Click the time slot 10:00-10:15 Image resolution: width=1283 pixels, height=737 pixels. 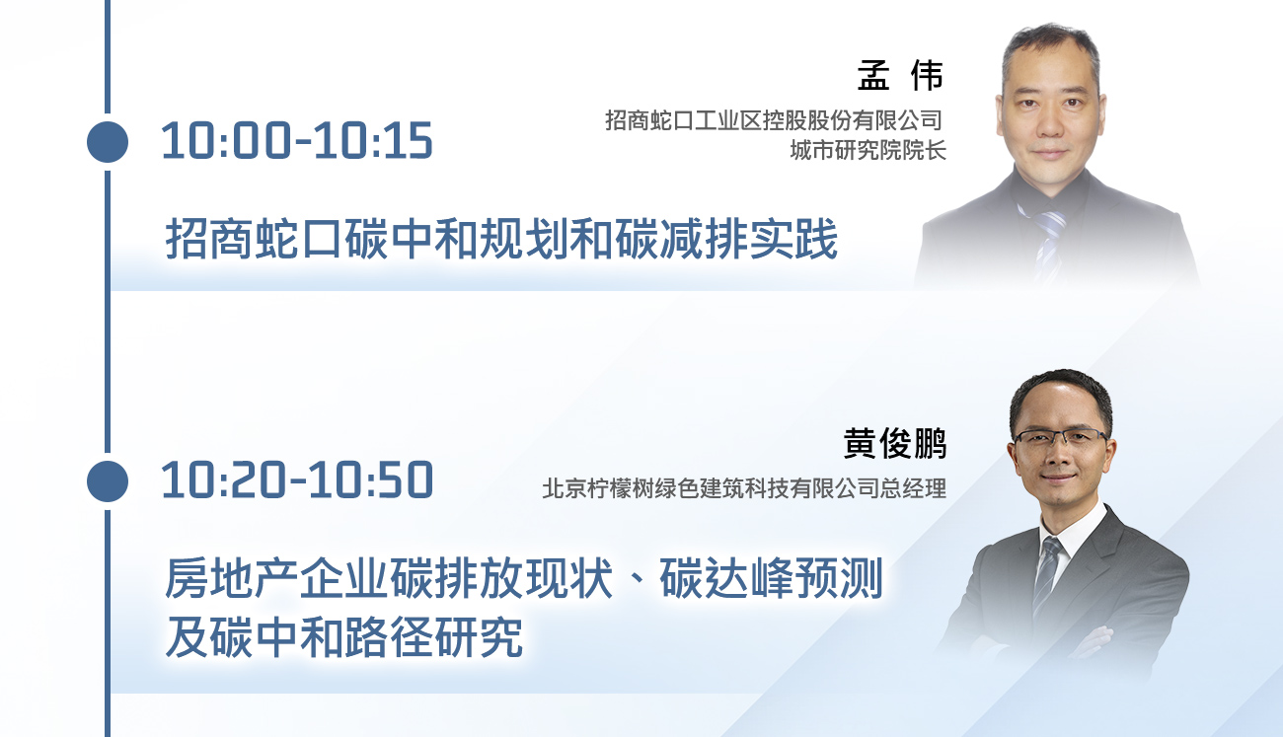click(x=297, y=140)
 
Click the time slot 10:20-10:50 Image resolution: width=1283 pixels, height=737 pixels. click(x=297, y=479)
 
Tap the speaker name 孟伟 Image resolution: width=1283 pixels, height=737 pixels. click(x=900, y=75)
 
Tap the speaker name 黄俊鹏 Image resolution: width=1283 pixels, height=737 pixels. click(x=895, y=443)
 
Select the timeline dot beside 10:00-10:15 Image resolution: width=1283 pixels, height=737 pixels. click(x=108, y=141)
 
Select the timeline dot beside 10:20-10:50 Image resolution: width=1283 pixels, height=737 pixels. click(x=108, y=481)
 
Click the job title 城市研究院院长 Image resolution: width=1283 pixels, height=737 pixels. click(x=868, y=151)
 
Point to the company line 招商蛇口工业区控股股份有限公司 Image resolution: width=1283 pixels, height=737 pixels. click(x=774, y=120)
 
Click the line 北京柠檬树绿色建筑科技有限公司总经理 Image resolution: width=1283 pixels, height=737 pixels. click(x=744, y=488)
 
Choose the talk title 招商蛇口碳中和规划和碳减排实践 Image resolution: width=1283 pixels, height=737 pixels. click(x=501, y=239)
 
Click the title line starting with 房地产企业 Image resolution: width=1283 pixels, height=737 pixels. click(x=523, y=578)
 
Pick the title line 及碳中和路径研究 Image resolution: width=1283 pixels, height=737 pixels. click(x=343, y=636)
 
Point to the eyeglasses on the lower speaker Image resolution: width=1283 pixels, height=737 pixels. click(x=1060, y=437)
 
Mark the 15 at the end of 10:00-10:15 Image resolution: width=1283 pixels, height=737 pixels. click(x=411, y=140)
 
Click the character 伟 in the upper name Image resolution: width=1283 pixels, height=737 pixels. click(x=928, y=75)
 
